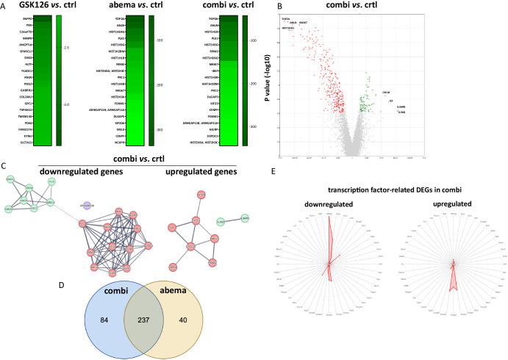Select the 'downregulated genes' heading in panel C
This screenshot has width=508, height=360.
(x=72, y=171)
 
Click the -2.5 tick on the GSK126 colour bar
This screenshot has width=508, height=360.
(x=66, y=48)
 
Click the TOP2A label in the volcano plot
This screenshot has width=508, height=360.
(x=286, y=18)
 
